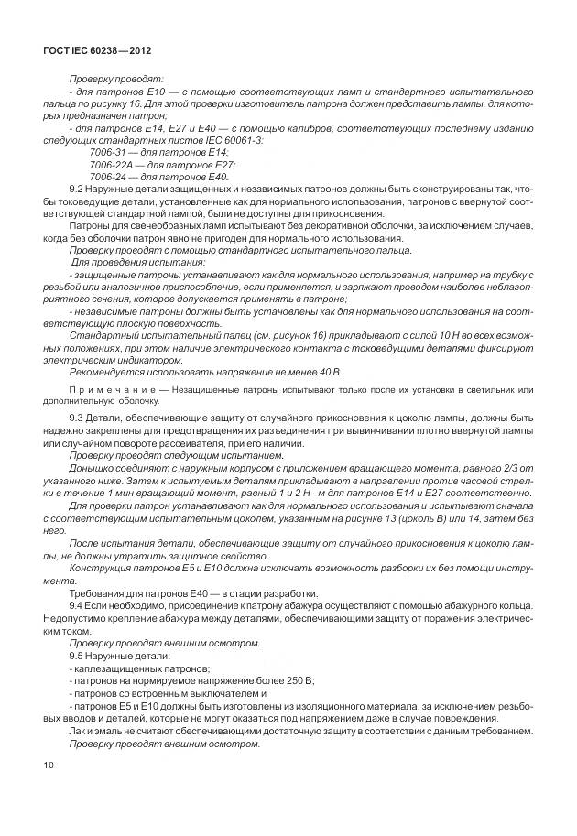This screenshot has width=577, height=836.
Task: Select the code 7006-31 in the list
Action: click(107, 152)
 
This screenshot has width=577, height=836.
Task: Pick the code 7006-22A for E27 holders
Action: click(110, 164)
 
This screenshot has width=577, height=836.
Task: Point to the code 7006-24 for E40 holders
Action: click(107, 176)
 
